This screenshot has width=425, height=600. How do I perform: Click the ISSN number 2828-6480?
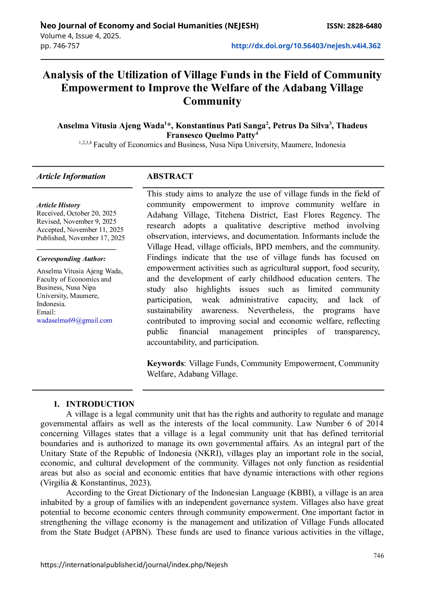coord(364,26)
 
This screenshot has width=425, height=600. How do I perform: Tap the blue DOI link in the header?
coord(306,46)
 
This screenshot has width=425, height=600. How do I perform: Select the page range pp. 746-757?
coord(60,46)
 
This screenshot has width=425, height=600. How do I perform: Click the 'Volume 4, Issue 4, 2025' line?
coord(80,36)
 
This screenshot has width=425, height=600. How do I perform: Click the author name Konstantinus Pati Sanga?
coord(221,126)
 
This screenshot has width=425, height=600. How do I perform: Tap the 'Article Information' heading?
coord(71,177)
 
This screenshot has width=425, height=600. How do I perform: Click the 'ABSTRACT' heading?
coord(170,176)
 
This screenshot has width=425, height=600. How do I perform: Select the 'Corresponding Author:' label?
coord(71,259)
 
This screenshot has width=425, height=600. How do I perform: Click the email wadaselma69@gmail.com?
coord(74,321)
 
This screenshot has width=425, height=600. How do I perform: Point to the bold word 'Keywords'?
coord(165,363)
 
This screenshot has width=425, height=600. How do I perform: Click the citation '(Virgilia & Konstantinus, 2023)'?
coord(96,483)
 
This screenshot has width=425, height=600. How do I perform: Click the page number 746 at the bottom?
coord(378,556)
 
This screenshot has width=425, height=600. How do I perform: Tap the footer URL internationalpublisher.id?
coord(134,565)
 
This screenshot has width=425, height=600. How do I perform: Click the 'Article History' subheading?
coord(58,205)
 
